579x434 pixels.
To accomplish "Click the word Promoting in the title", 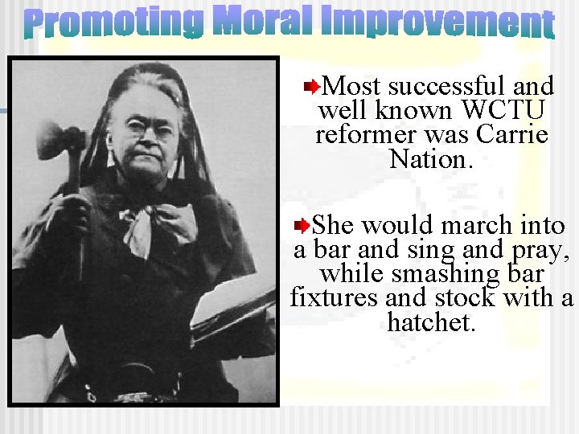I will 113,24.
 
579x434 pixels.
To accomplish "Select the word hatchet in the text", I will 431,322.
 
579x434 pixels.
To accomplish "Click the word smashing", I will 438,273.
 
